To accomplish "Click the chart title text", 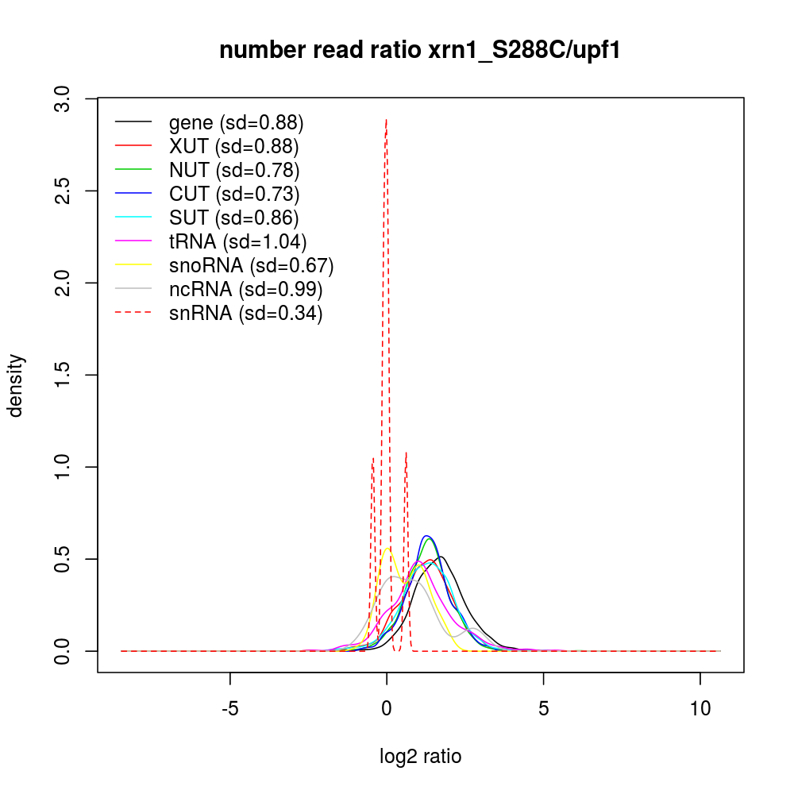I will pos(420,50).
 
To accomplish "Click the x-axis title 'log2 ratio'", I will pos(420,757).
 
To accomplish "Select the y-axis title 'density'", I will pos(15,385).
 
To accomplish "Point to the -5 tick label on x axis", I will pos(230,708).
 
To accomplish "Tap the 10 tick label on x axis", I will pos(700,708).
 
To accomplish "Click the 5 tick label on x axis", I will pos(543,708).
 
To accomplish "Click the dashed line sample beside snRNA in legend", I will pos(133,314).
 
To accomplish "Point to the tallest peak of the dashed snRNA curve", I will pos(386,120).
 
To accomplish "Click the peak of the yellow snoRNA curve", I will pos(388,548).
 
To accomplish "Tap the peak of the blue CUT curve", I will pos(427,536).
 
